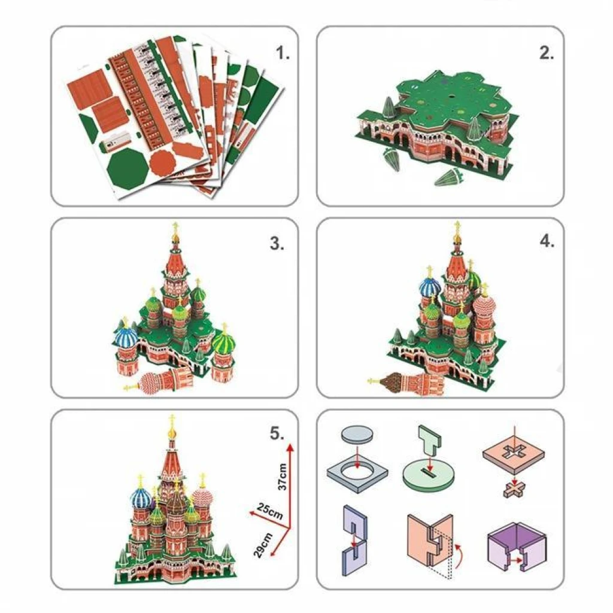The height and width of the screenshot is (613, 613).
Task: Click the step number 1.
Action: pos(283,53)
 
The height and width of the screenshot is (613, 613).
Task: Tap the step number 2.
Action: pos(547,53)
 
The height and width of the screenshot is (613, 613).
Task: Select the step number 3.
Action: pos(277,244)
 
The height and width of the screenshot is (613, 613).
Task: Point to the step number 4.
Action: pos(547,241)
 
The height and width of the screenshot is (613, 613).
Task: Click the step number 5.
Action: pos(277,433)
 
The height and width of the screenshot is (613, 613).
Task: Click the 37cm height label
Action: pos(283,477)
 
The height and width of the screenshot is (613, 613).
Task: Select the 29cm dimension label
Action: pos(263,545)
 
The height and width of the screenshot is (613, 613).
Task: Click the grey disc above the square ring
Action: pos(357,434)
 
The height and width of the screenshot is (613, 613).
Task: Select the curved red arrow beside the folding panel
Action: pos(458,552)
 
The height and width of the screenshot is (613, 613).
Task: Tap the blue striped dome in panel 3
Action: pos(126,337)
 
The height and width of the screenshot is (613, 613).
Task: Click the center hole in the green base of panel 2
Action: pos(451,96)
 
